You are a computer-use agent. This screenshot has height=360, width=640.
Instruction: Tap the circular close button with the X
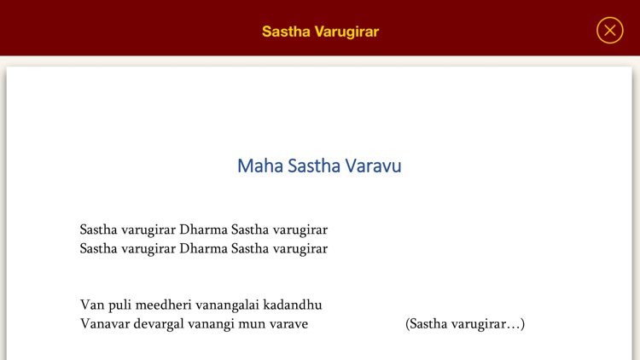[x=609, y=31]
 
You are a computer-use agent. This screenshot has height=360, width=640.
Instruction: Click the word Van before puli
[x=92, y=305]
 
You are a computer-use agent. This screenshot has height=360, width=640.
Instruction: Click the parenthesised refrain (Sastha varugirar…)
[x=465, y=324]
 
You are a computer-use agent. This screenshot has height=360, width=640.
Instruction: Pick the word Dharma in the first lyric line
[x=204, y=229]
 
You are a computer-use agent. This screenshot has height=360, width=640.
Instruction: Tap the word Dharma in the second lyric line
[x=204, y=249]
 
